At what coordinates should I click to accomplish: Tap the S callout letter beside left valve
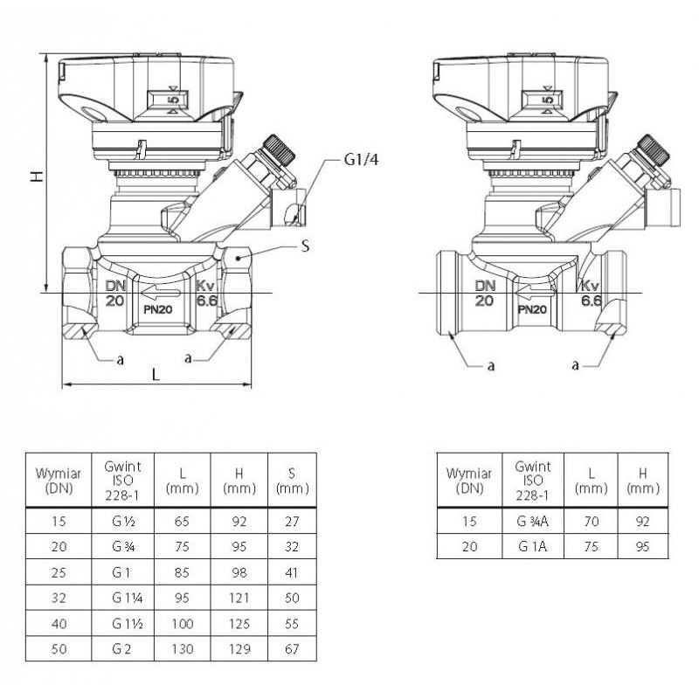pyautogui.click(x=305, y=246)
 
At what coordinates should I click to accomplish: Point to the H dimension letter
pyautogui.click(x=36, y=176)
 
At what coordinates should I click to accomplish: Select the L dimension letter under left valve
pyautogui.click(x=156, y=374)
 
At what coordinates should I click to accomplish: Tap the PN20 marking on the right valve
pyautogui.click(x=532, y=309)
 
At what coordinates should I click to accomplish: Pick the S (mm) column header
pyautogui.click(x=291, y=481)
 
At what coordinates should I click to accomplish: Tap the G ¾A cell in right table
pyautogui.click(x=532, y=522)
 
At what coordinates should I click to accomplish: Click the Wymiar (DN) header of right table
pyautogui.click(x=468, y=481)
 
